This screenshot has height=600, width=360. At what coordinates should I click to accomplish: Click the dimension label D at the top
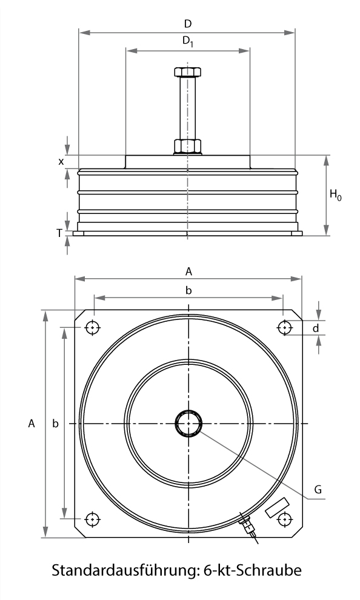point(187,24)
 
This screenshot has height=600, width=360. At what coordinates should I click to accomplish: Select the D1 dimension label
point(188,41)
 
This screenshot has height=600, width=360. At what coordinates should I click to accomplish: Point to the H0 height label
point(335,195)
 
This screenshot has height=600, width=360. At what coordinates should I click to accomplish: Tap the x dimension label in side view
point(61,161)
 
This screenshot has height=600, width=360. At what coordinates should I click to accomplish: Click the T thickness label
point(59,233)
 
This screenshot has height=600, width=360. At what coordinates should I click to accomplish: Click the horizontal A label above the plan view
point(188,270)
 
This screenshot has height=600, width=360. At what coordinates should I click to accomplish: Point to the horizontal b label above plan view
point(188,291)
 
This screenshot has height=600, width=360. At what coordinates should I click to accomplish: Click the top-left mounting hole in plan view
point(92,327)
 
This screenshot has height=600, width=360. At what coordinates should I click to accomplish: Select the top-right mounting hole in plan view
point(284,327)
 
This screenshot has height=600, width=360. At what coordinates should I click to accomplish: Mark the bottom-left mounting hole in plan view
point(92,519)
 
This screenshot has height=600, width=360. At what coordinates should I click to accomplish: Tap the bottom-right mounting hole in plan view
point(284,519)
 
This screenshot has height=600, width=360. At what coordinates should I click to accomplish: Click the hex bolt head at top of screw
point(187,72)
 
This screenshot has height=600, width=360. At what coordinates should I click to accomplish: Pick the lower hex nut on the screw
point(187,146)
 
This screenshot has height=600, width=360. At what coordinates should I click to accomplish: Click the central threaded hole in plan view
point(188,423)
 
